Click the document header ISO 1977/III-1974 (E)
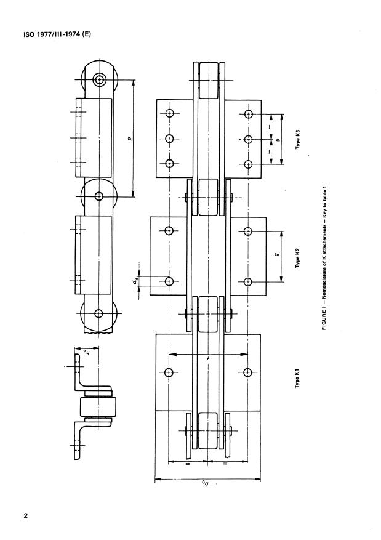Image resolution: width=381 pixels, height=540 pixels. pos(57,34)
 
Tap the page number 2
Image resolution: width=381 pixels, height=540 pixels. pos(26,515)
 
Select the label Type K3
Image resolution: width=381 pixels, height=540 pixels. pos(298,139)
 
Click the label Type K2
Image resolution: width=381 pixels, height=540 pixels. pos(298,257)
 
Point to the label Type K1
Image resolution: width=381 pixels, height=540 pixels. pos(298,379)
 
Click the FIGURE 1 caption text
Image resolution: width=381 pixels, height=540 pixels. pos(324,258)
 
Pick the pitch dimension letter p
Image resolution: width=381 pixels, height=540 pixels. pos(130,139)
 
